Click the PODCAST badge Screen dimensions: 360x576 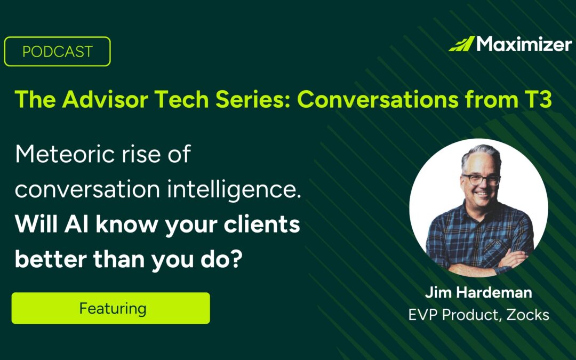(x=58, y=52)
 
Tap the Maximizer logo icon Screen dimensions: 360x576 (x=461, y=44)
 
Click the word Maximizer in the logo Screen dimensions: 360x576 (x=524, y=44)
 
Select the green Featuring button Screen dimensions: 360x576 (x=111, y=308)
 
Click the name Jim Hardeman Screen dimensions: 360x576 (x=478, y=293)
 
